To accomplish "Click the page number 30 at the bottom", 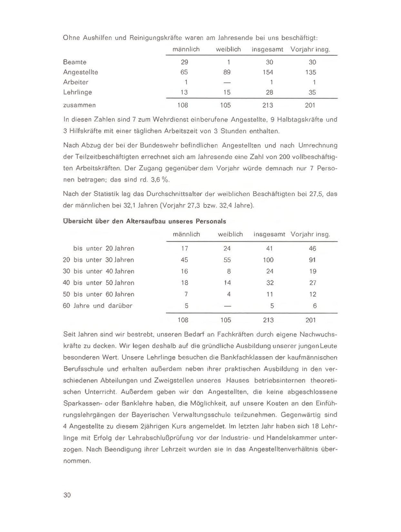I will [x=67, y=495].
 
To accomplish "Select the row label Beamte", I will [x=75, y=62].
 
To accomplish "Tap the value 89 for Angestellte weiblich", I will [x=227, y=72].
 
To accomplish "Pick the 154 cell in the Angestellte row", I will [x=268, y=72].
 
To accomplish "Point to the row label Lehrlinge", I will [x=77, y=92].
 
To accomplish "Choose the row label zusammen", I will [x=79, y=105].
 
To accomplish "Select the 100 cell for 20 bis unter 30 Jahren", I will [x=268, y=260].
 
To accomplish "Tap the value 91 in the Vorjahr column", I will [x=312, y=260].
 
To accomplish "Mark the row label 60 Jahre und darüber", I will [x=97, y=306].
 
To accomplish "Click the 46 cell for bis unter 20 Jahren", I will [x=312, y=248].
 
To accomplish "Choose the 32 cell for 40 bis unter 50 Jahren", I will [x=270, y=283].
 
